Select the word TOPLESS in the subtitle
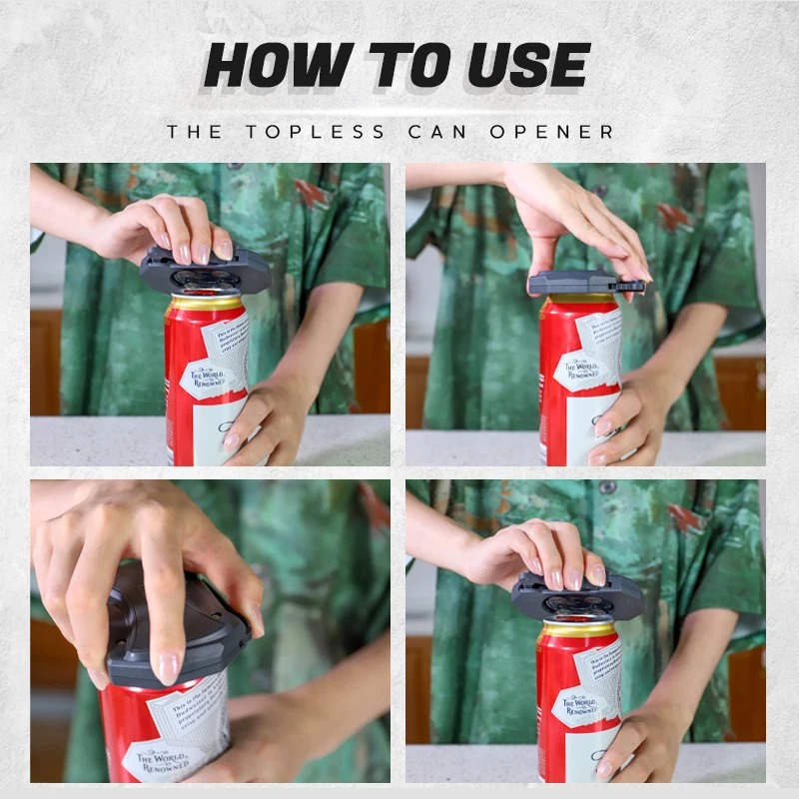pyautogui.click(x=314, y=132)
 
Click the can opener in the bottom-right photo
pyautogui.click(x=577, y=597)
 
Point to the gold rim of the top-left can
pyautogui.click(x=207, y=301)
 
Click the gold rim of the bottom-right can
pyautogui.click(x=579, y=629)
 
